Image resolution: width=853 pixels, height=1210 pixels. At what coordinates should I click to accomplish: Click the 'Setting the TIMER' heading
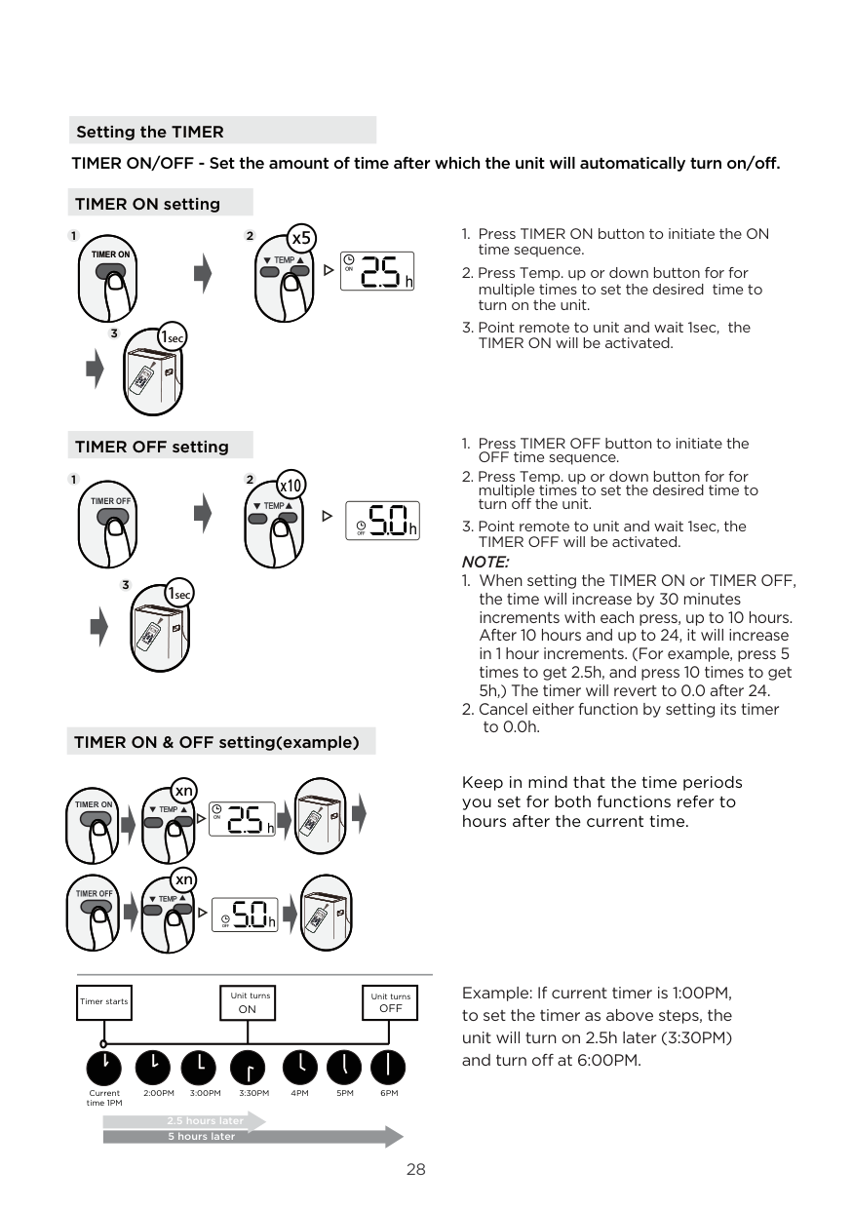[150, 132]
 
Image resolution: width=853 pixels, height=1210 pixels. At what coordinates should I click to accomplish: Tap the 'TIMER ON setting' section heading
[147, 204]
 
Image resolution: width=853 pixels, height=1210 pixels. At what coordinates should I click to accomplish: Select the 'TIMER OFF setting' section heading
[151, 447]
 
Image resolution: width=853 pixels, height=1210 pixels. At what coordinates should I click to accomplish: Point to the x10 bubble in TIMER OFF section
[291, 485]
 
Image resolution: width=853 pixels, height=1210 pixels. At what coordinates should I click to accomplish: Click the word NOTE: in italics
[485, 563]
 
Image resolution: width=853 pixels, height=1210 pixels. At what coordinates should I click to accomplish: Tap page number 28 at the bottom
[416, 1170]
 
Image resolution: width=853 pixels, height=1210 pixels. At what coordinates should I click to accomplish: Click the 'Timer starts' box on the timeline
[103, 1001]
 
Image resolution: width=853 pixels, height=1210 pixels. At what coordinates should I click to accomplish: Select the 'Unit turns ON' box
[248, 1002]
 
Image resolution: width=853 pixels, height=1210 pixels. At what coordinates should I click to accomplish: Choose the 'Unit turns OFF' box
[390, 1002]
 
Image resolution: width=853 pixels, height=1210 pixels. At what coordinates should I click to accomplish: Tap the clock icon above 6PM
[389, 1066]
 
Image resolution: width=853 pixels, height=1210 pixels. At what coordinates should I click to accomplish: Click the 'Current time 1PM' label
[103, 1098]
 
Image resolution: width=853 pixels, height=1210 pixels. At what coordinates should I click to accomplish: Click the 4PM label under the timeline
[300, 1094]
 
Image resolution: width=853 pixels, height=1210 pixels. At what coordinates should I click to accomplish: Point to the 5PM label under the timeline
[345, 1094]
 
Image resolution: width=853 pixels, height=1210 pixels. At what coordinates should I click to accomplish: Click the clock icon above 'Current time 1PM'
[103, 1066]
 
